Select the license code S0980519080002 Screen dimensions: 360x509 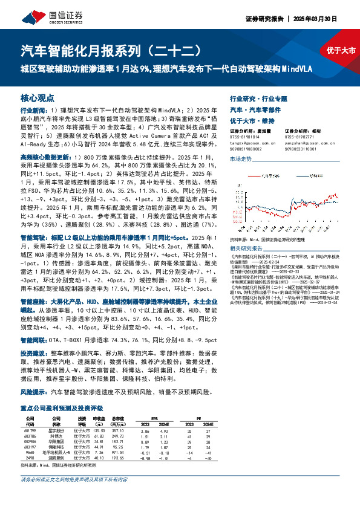[248, 148]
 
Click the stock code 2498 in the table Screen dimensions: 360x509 [29, 458]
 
